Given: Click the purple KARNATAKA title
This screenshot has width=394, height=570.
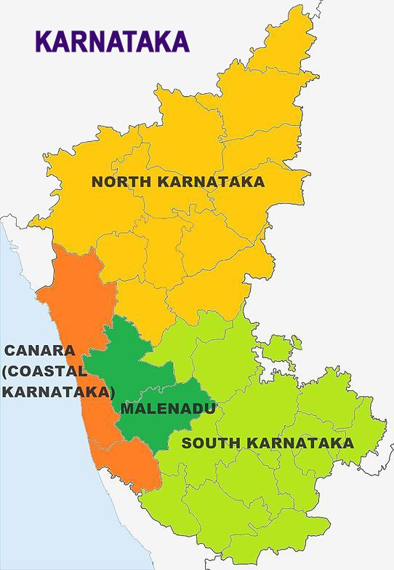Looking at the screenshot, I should [x=111, y=41].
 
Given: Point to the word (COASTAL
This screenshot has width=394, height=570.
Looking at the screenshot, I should [x=45, y=371].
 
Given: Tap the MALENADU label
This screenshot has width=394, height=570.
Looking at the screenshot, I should [x=168, y=408].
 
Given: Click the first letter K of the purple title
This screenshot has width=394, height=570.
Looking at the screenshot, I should [x=44, y=41].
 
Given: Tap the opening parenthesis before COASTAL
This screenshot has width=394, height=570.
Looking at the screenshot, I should [x=5, y=371].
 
